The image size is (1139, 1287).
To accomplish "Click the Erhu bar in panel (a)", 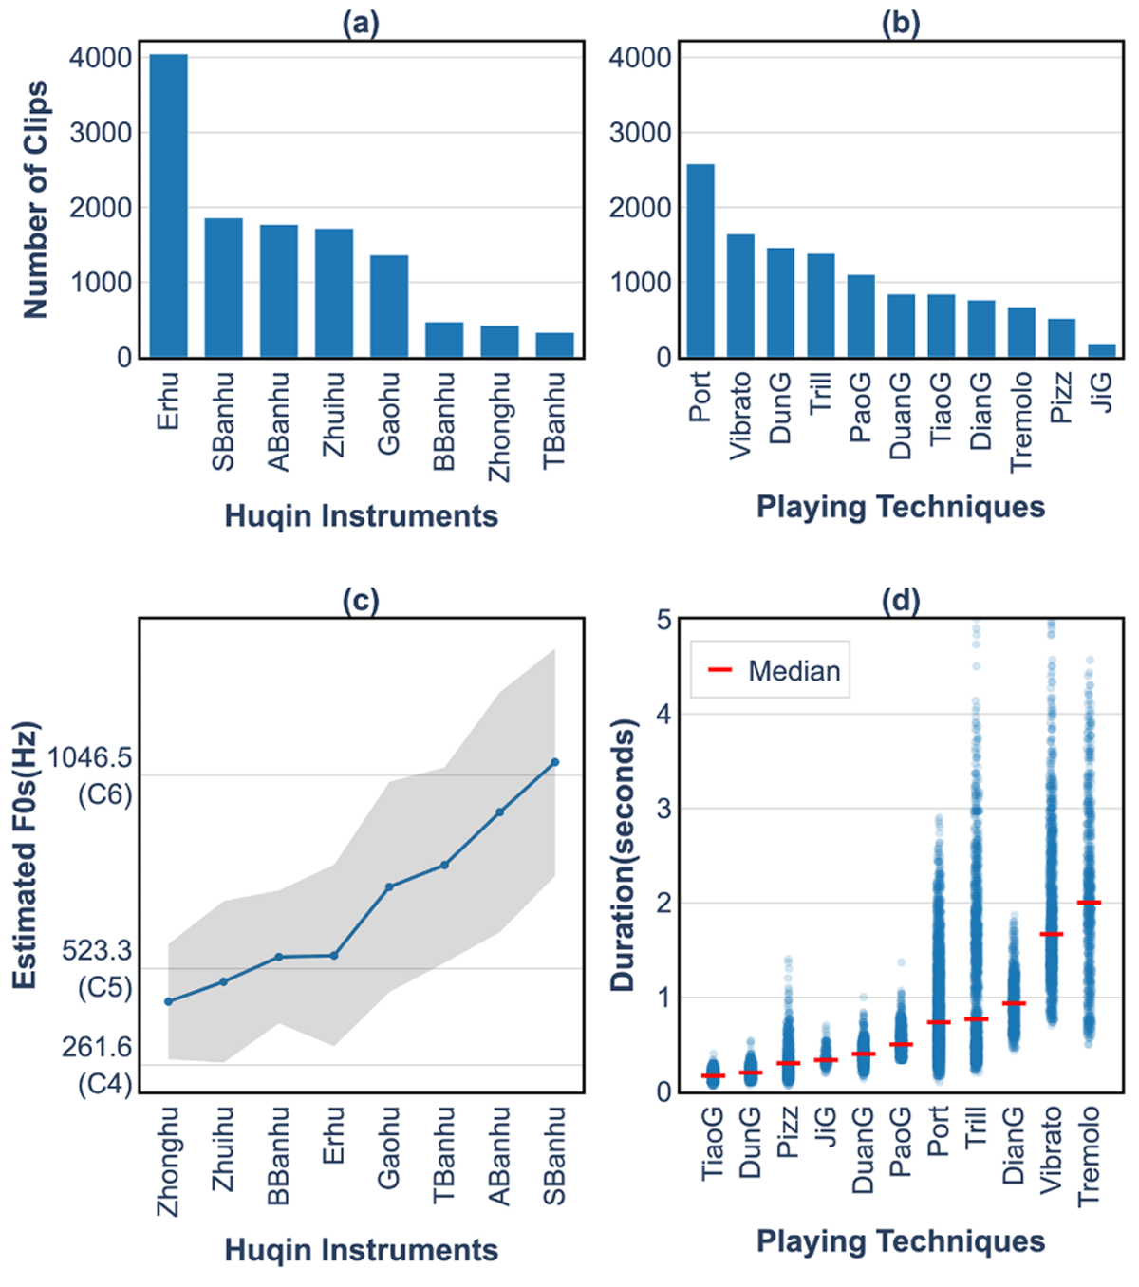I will point(169,206).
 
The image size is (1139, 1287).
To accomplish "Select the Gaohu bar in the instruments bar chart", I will point(389,307).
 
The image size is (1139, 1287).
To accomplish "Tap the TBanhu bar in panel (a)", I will point(554,345).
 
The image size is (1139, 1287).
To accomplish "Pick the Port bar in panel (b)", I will point(700,261).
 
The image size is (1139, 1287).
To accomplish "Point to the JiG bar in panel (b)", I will point(1101,351).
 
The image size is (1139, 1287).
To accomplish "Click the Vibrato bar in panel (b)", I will point(740,296).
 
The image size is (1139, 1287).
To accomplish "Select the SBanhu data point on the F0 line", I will point(555,762).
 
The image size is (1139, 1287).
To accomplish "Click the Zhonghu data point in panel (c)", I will point(169,1001).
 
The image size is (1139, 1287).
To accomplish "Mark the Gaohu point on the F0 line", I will point(389,887).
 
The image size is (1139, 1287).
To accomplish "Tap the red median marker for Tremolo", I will point(1090,903).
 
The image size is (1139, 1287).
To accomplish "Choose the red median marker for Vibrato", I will point(1052,935).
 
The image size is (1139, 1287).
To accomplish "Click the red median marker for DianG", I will point(1014,1003).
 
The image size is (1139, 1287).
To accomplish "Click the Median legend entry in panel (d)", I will point(774,671).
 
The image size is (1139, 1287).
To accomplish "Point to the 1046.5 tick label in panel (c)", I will point(90,757).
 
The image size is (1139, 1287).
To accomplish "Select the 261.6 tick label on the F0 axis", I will point(97,1047).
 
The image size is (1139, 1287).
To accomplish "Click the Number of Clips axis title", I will point(35,199).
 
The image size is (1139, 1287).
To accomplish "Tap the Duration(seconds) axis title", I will point(623,855).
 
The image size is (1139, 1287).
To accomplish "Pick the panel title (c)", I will point(361,601).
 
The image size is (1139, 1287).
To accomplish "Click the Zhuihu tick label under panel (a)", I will point(334,415).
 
